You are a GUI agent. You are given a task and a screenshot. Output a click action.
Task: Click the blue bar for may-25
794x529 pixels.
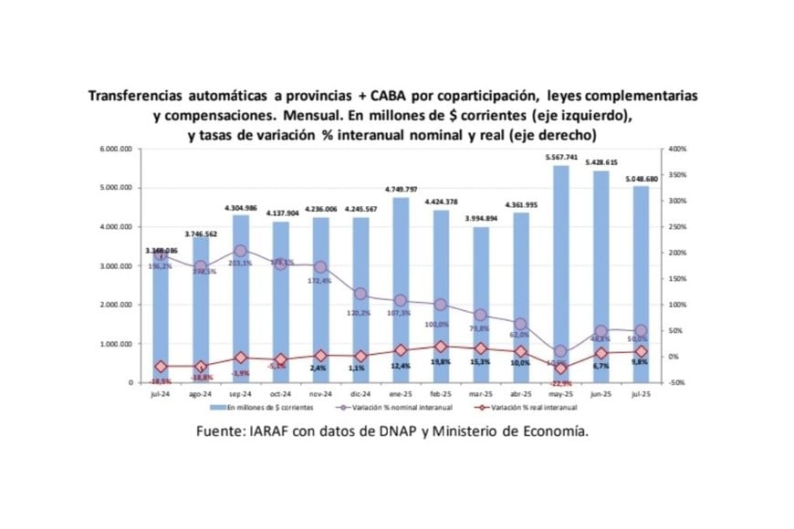pos(560,274)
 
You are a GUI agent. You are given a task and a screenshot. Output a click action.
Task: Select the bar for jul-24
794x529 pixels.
pos(161,319)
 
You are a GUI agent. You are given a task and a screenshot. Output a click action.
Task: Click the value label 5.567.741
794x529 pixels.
pos(560,158)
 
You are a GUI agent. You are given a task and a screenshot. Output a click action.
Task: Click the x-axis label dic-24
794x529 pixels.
pos(360,394)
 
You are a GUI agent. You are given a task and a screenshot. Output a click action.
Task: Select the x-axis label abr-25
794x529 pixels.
pos(520,394)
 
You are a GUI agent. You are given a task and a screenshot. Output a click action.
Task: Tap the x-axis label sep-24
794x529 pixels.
pos(241,394)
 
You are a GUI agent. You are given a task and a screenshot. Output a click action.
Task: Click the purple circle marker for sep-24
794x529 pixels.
pos(241,251)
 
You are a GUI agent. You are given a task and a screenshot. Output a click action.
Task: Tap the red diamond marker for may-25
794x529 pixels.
pos(560,368)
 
